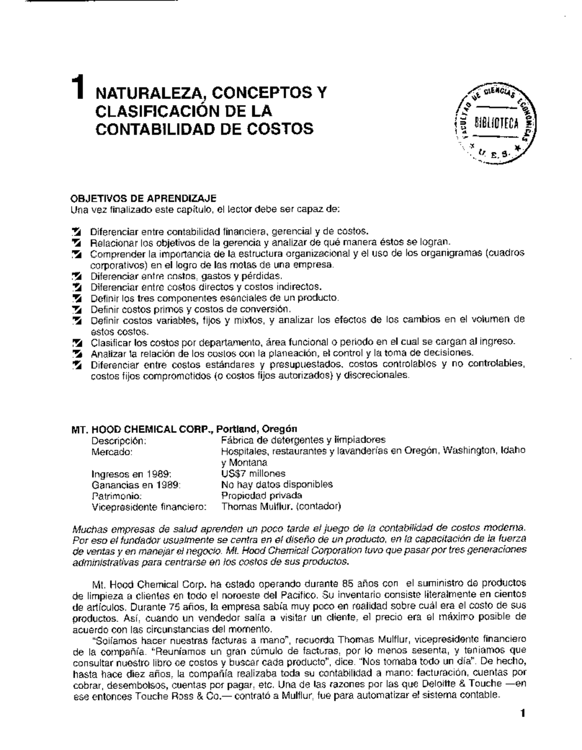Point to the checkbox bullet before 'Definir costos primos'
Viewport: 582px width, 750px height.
[x=77, y=310]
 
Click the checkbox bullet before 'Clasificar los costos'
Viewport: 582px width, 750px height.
[x=77, y=343]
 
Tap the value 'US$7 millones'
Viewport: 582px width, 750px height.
[x=253, y=473]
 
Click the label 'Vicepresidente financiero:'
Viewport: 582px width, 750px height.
[x=149, y=507]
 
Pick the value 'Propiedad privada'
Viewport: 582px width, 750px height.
[x=261, y=496]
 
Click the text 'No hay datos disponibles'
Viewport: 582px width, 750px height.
[x=277, y=484]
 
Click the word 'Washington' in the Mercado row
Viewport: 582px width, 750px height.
[x=469, y=451]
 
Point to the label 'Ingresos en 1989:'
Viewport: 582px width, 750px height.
[x=131, y=474]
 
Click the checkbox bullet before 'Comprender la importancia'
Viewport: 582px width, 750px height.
[x=77, y=254]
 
